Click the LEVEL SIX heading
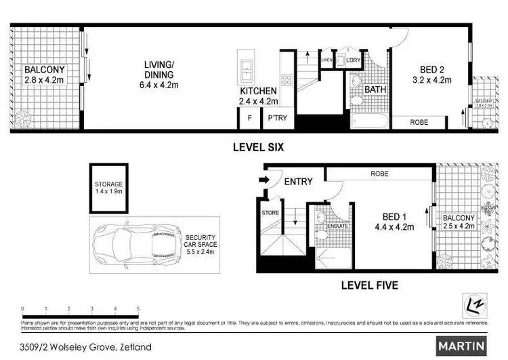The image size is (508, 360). (x=257, y=146)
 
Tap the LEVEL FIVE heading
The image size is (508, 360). (x=370, y=285)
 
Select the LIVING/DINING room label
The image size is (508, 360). (x=158, y=75)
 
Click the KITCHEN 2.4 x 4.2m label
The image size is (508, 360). (x=258, y=96)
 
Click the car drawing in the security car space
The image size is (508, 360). (x=142, y=241)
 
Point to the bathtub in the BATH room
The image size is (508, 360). (x=369, y=123)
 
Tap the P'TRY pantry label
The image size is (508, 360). (x=277, y=118)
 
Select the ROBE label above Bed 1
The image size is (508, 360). (x=379, y=174)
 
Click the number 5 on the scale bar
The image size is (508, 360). (x=138, y=308)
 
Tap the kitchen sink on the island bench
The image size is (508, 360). (x=245, y=67)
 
